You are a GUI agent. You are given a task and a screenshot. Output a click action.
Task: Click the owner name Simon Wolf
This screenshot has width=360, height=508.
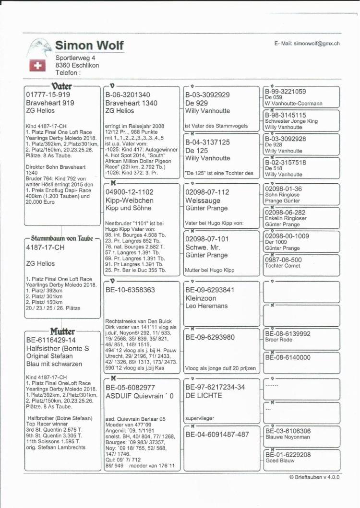click(x=89, y=46)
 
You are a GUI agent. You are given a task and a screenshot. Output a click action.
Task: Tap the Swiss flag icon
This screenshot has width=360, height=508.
click(x=37, y=66)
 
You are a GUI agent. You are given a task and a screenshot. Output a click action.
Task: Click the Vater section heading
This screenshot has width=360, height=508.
click(x=61, y=86)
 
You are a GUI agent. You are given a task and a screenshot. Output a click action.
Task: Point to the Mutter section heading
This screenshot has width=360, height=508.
click(x=62, y=332)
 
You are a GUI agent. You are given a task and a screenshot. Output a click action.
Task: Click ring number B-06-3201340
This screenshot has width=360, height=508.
click(x=128, y=95)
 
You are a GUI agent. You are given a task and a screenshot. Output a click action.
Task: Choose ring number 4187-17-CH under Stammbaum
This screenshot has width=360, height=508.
click(x=45, y=248)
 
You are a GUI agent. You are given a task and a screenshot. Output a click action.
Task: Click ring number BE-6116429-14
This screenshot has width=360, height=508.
click(x=51, y=340)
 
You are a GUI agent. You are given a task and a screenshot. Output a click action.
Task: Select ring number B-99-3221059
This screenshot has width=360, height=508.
click(x=285, y=91)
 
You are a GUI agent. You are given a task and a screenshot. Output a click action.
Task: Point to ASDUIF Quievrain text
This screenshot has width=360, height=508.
click(x=140, y=396)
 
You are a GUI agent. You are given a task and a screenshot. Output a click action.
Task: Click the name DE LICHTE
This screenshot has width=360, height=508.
click(x=204, y=396)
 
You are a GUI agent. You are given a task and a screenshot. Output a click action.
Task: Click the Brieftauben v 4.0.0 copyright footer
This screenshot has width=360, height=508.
click(x=314, y=477)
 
